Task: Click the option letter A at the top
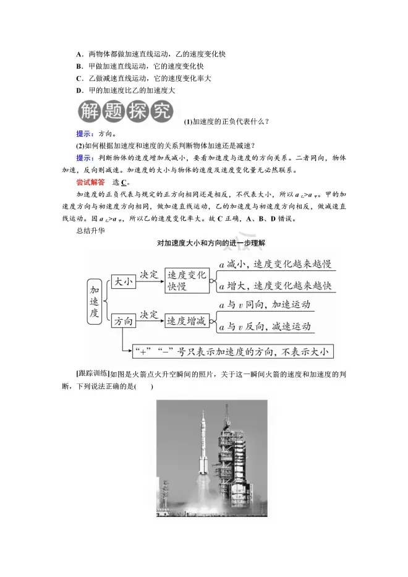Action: point(79,54)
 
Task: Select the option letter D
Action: point(79,90)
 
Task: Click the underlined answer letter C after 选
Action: point(124,182)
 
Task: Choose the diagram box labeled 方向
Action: point(123,321)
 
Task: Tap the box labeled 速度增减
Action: point(187,321)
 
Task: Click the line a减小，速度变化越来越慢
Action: point(275,265)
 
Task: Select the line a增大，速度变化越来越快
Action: point(275,286)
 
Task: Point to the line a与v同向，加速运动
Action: point(265,306)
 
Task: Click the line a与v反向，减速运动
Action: point(265,327)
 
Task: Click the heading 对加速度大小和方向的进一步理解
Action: point(211,244)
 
